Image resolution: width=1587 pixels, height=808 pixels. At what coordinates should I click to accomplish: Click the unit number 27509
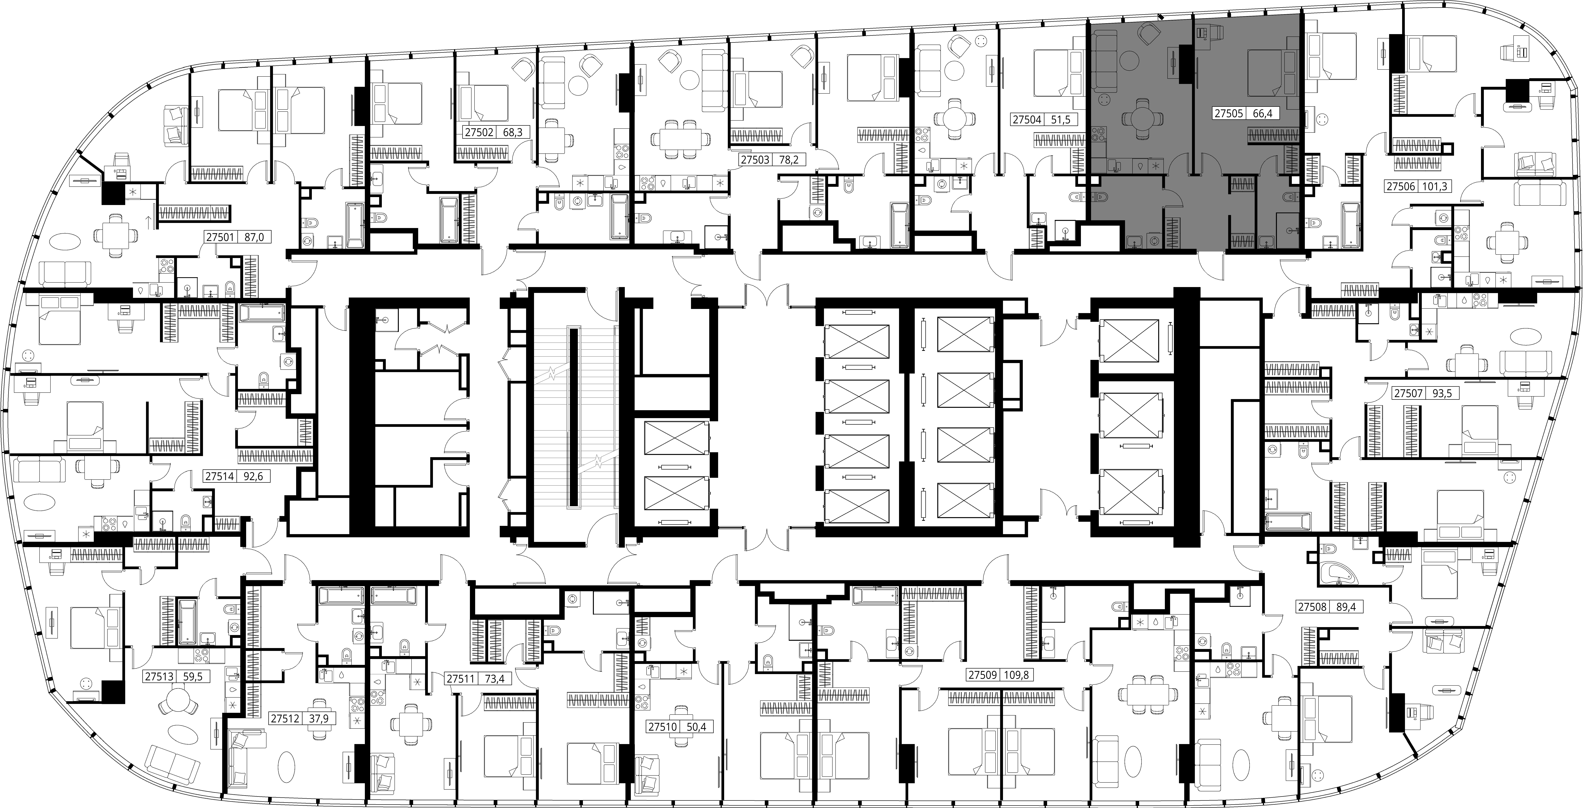(x=982, y=675)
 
